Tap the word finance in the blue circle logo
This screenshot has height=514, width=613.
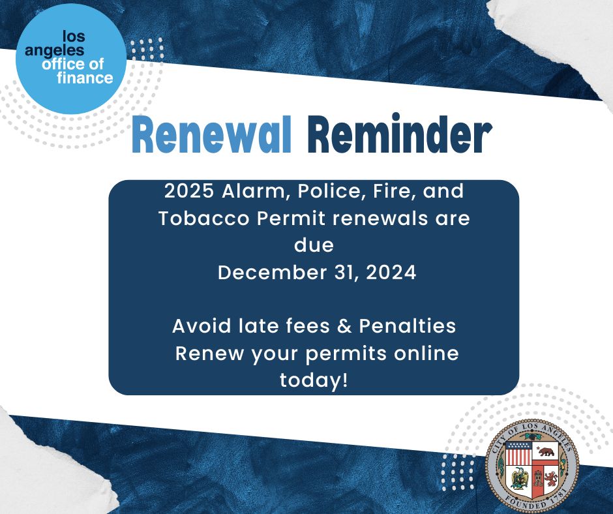(85, 78)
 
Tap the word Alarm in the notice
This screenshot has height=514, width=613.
(255, 192)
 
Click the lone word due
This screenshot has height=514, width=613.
(314, 245)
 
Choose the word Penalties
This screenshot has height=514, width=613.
(406, 325)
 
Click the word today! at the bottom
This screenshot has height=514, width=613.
(314, 380)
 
